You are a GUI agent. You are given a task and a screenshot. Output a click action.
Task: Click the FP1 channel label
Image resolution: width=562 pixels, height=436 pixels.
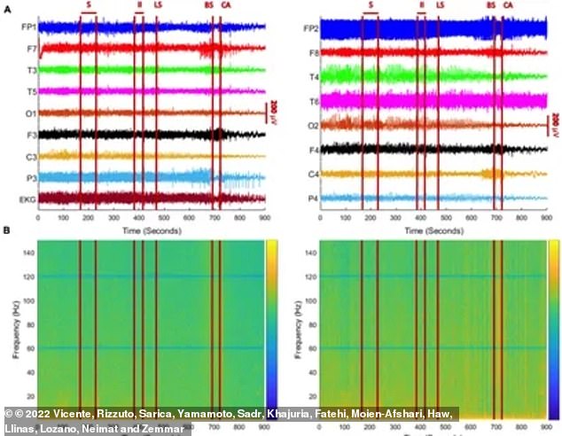click(27, 27)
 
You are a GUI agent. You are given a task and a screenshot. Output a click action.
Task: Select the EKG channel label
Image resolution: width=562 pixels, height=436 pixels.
click(27, 199)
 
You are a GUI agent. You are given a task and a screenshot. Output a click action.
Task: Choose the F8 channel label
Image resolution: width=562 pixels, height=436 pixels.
click(311, 53)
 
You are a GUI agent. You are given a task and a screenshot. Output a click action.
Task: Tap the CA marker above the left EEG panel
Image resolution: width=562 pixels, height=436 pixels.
click(226, 5)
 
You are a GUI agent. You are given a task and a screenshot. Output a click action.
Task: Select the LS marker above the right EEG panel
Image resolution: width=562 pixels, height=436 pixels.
click(441, 5)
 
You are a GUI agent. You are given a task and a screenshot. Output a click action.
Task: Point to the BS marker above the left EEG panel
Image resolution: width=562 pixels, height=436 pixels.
click(209, 5)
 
